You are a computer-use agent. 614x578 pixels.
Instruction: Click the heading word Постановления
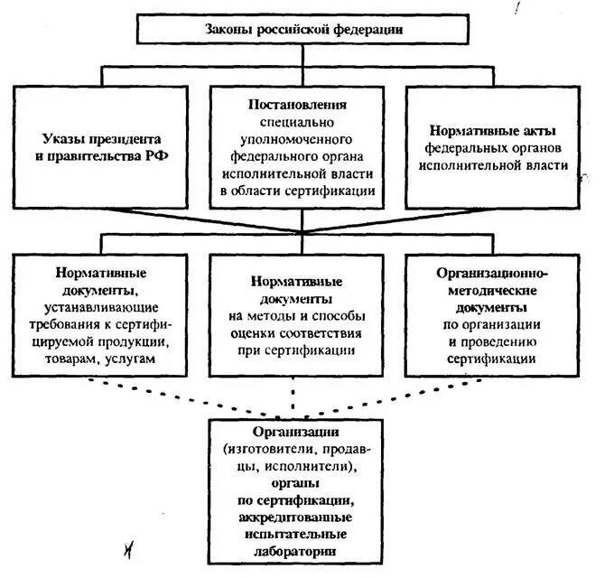298,104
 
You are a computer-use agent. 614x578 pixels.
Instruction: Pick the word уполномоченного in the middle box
298,139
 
